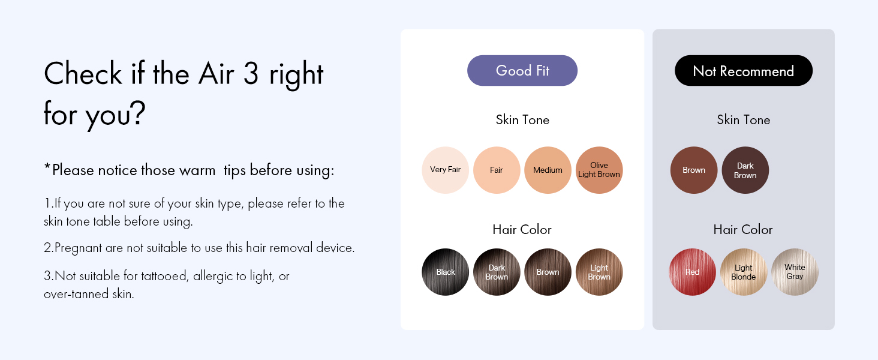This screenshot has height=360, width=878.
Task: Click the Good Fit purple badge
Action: pyautogui.click(x=522, y=71)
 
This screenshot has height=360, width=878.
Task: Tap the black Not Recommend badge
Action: pyautogui.click(x=744, y=71)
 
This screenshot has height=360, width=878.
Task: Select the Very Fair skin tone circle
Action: pyautogui.click(x=445, y=170)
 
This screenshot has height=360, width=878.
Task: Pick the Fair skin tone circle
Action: pyautogui.click(x=497, y=170)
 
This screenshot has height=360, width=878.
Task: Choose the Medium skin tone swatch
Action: pyautogui.click(x=548, y=170)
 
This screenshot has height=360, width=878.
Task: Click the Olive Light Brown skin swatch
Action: pyautogui.click(x=599, y=170)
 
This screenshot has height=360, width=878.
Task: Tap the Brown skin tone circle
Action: pyautogui.click(x=694, y=170)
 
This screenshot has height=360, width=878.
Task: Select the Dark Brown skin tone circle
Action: pyautogui.click(x=745, y=170)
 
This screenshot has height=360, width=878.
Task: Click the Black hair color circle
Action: pyautogui.click(x=445, y=272)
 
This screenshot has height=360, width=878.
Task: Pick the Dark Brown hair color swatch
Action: pyautogui.click(x=497, y=272)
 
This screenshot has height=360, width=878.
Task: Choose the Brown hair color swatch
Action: pyautogui.click(x=548, y=272)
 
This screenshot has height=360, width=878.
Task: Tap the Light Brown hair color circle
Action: pyautogui.click(x=599, y=272)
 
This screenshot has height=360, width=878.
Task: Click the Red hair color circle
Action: pyautogui.click(x=692, y=272)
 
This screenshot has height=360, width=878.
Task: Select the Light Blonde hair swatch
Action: pyautogui.click(x=744, y=272)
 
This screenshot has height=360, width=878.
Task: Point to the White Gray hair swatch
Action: pyautogui.click(x=795, y=272)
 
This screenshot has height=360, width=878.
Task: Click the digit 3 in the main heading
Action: pyautogui.click(x=251, y=73)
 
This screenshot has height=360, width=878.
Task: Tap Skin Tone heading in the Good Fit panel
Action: pyautogui.click(x=522, y=119)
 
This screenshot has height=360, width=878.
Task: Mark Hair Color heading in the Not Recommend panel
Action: pyautogui.click(x=743, y=229)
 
